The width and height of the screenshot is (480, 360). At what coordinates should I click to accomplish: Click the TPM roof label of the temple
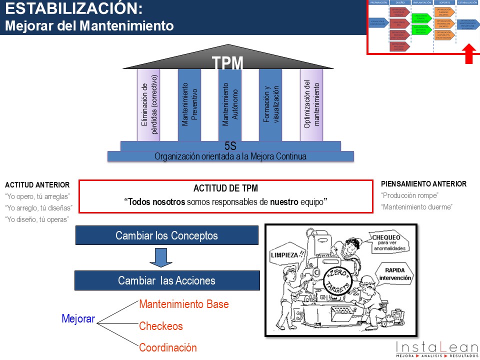(x=227, y=63)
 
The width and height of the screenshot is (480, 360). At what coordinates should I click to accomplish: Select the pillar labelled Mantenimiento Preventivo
(x=189, y=105)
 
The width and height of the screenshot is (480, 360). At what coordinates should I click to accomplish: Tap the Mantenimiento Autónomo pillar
(x=230, y=105)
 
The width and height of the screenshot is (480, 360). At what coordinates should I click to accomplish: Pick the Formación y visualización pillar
(x=270, y=105)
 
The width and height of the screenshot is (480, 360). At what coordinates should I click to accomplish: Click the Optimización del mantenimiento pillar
(x=311, y=105)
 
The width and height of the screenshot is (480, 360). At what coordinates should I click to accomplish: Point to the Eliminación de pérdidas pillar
(x=148, y=105)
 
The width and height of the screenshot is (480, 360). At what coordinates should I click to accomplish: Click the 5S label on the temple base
(x=230, y=146)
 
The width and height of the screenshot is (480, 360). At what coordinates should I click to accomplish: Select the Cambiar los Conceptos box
(x=166, y=235)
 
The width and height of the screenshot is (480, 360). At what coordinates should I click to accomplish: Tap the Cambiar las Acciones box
(x=166, y=280)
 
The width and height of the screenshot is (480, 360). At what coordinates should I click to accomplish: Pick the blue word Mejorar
(x=78, y=318)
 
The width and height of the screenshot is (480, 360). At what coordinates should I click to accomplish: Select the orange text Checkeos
(x=161, y=326)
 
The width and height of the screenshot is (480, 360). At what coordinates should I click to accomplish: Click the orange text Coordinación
(x=168, y=347)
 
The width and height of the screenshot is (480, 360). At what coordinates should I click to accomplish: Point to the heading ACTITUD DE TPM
(x=225, y=188)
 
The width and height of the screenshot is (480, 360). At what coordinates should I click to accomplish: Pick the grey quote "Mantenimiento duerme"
(x=417, y=206)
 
